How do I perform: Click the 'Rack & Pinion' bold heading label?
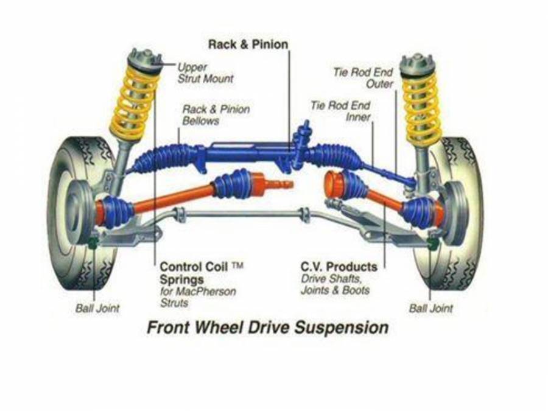[248, 44]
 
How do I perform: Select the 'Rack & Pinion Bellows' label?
[216, 115]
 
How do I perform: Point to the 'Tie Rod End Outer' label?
[363, 78]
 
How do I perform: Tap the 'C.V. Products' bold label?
[339, 267]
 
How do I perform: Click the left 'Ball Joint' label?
[97, 308]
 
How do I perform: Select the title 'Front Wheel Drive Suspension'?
[267, 328]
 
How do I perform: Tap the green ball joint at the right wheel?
[433, 243]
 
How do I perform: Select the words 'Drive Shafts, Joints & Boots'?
[335, 284]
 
